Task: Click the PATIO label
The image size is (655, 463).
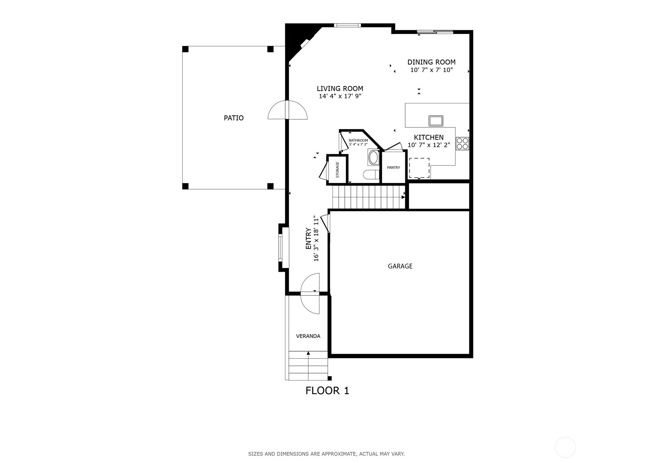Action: [233, 118]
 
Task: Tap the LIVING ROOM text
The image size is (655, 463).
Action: [340, 88]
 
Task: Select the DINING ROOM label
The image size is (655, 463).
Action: [431, 62]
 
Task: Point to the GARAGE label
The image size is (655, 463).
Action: [400, 266]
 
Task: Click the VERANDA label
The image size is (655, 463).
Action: [308, 336]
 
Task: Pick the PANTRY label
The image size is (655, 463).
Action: [393, 167]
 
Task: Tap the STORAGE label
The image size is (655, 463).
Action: [337, 170]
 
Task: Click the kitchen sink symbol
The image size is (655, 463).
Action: [436, 121]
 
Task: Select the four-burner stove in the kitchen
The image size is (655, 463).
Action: [462, 144]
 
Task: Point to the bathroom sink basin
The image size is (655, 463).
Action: [373, 158]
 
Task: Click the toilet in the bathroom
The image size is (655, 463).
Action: [371, 175]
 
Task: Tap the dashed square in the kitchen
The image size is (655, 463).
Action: [419, 168]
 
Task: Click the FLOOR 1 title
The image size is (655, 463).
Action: [327, 391]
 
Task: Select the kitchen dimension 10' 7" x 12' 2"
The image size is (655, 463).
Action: [429, 145]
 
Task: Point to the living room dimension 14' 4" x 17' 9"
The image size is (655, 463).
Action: [340, 96]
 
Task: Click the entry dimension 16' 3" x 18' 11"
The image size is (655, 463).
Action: [316, 238]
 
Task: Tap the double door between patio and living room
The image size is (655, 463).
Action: [288, 110]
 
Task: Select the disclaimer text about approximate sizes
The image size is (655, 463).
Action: [327, 454]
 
